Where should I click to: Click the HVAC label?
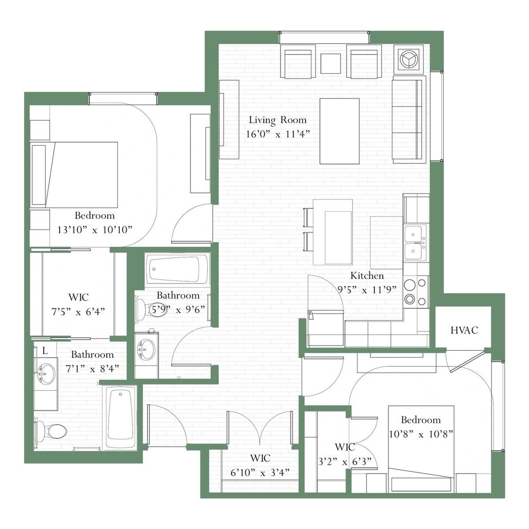(x=464, y=330)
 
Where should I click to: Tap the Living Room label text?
(x=278, y=120)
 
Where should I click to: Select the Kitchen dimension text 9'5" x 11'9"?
(x=367, y=290)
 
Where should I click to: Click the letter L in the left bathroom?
(x=45, y=350)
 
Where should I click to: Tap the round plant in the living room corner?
(x=409, y=59)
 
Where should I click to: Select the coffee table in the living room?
(x=340, y=131)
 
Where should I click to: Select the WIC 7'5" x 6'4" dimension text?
(x=78, y=311)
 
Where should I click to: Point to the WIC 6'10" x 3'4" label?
(x=260, y=458)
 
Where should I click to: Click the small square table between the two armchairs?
(x=331, y=63)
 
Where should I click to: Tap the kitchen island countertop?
(x=333, y=232)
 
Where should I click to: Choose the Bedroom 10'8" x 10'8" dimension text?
(x=421, y=434)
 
